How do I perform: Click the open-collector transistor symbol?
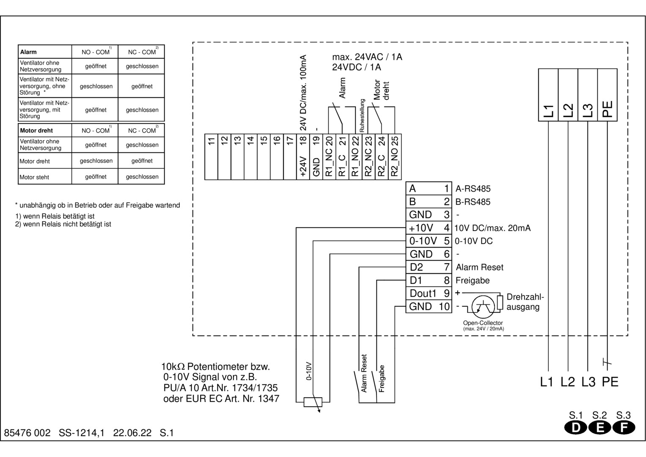click(483, 306)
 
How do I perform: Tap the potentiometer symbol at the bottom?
click(313, 402)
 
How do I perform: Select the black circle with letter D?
click(576, 428)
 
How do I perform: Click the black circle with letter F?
click(624, 428)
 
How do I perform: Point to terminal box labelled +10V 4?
click(429, 228)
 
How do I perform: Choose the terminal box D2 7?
click(429, 267)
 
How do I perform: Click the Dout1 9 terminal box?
click(429, 293)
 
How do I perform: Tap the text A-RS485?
click(473, 189)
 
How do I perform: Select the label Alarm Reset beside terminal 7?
click(479, 267)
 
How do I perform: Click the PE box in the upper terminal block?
click(607, 95)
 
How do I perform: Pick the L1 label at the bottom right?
click(547, 382)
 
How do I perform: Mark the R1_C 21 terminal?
click(342, 157)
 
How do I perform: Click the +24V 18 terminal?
click(303, 157)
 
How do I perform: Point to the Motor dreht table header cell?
click(45, 130)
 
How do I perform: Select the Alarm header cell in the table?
click(45, 52)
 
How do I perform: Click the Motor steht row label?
click(45, 177)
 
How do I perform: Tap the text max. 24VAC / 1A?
click(367, 57)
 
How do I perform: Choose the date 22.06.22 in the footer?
click(132, 433)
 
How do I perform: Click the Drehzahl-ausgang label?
click(525, 302)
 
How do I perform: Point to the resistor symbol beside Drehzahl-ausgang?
click(500, 302)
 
